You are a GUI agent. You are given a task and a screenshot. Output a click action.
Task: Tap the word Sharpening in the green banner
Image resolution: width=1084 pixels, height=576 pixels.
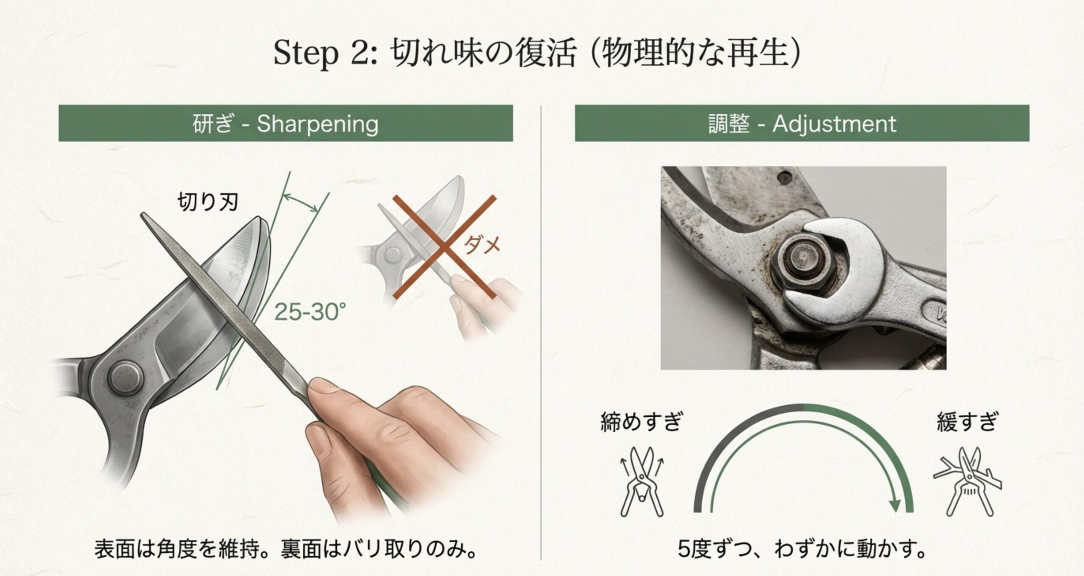coord(318,124)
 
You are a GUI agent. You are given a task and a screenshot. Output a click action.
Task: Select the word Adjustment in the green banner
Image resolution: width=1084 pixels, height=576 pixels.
coord(834,124)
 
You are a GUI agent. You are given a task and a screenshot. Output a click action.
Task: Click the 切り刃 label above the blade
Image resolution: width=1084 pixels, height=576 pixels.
coord(207,202)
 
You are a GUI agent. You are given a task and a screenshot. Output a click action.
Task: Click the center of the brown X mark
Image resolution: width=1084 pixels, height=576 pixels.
coord(443,247)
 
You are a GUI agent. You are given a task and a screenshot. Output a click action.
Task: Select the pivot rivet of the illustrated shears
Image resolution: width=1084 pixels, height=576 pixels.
coord(125,377)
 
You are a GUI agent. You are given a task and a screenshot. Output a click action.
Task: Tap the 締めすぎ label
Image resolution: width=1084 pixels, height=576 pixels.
coord(641,422)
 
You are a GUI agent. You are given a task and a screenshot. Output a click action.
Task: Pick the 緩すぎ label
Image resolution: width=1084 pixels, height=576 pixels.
coord(967,422)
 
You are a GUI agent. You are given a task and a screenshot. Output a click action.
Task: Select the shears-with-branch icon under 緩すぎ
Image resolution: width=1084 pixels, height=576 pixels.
coord(968,482)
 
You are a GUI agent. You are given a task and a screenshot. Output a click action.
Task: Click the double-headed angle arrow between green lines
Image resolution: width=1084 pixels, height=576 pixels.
coord(300,202)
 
